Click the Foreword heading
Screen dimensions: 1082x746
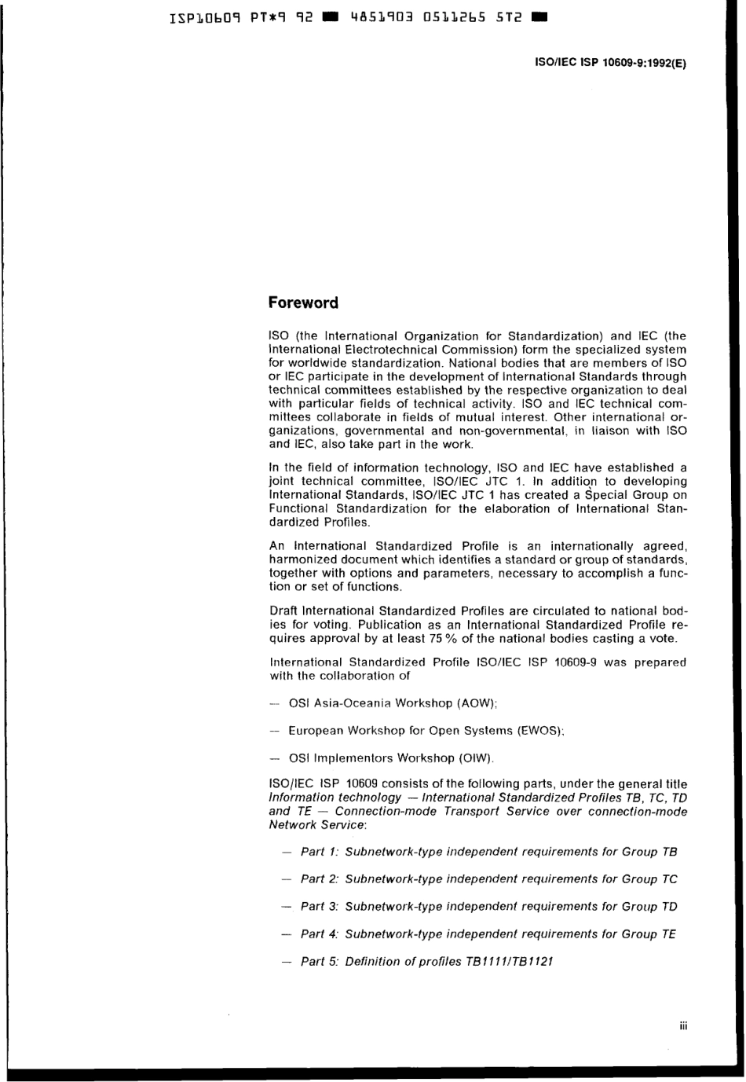pos(303,303)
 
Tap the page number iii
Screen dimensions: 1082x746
pos(682,1025)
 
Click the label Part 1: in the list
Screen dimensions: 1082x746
pos(319,852)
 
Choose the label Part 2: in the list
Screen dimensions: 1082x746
pos(319,879)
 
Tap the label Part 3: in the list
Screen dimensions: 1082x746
pos(319,907)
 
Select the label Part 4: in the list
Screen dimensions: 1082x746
pos(319,934)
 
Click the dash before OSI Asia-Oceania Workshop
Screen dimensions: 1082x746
pos(274,704)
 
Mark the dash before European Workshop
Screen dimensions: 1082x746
pos(274,732)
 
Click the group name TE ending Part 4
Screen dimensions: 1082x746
pos(668,934)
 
